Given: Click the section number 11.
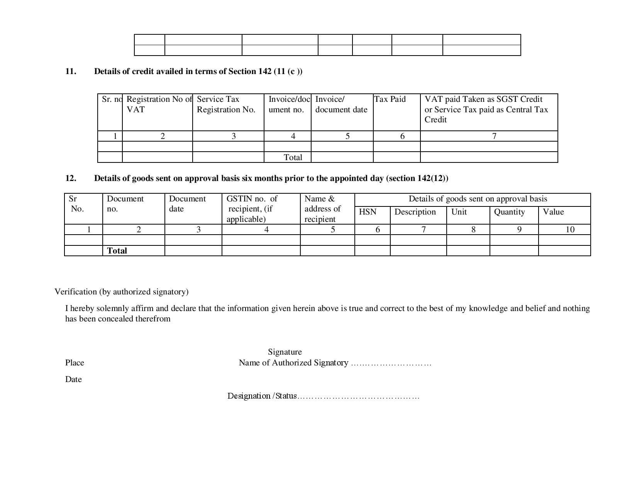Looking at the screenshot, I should [x=71, y=71].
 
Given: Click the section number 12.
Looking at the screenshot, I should [x=71, y=178].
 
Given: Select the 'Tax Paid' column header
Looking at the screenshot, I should [x=390, y=99].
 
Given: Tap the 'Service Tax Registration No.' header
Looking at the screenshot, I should [x=226, y=104].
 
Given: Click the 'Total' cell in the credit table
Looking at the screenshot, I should [x=293, y=157].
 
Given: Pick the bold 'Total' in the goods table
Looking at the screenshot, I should [x=117, y=251].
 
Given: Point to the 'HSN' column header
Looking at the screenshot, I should [x=368, y=212].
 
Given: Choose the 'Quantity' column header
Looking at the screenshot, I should [x=509, y=212].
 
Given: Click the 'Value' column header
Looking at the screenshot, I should [x=553, y=212].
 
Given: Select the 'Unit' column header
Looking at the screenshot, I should [x=459, y=212].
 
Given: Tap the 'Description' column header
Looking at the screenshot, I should [x=415, y=212].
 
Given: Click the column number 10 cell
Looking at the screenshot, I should [x=570, y=230].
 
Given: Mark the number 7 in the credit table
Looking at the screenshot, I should [x=494, y=136].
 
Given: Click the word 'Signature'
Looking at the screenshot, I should [x=285, y=352].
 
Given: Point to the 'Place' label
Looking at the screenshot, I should [x=75, y=363].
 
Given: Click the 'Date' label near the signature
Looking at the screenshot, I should [x=73, y=379].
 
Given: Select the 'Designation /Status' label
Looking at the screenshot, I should [x=262, y=396].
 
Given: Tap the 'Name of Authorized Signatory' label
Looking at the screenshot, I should [x=293, y=363].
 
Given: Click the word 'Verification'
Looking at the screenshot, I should [x=76, y=292].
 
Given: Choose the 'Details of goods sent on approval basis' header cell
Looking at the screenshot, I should [x=478, y=199].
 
